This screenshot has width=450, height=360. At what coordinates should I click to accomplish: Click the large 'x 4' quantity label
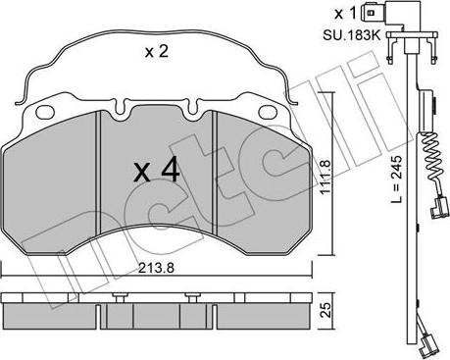tap(157, 170)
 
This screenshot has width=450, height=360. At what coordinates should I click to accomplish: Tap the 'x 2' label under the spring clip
tap(157, 52)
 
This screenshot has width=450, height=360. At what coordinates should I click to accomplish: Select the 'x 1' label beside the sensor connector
tap(345, 14)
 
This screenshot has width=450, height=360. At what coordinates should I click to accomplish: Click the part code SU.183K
tap(352, 35)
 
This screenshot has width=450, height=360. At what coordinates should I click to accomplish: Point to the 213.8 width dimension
tap(156, 268)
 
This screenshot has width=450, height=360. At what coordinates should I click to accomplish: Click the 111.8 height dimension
tap(325, 178)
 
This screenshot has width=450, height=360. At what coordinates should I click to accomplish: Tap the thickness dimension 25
tap(325, 310)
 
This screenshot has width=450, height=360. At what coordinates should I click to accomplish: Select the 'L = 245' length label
tap(397, 179)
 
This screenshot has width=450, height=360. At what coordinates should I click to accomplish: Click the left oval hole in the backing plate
tap(45, 112)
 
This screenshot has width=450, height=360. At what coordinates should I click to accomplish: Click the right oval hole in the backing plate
tap(268, 112)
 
